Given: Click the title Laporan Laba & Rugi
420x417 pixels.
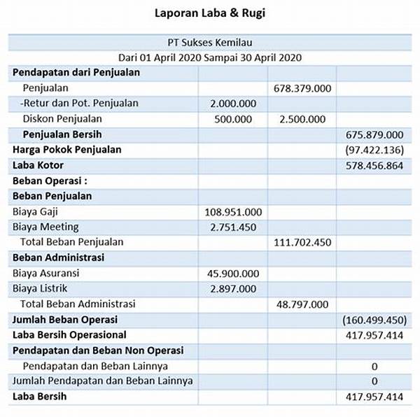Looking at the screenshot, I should point(211,13).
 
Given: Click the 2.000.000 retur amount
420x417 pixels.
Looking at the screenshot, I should point(233,104).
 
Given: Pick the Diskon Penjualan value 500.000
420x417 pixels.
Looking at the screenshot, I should point(233,119).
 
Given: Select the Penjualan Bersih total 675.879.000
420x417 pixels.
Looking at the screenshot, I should point(374,134).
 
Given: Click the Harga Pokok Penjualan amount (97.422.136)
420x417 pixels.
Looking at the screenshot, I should point(374,150).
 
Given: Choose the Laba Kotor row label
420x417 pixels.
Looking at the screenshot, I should point(38,165).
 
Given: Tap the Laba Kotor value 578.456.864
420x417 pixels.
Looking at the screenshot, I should point(374,165).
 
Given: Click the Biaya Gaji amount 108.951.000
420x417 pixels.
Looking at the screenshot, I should point(233,211).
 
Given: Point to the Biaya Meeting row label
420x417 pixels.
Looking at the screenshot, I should point(45,227).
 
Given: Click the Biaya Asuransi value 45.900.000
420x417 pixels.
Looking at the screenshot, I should point(233,273).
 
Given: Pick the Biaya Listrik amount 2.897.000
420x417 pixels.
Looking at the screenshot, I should point(233,288).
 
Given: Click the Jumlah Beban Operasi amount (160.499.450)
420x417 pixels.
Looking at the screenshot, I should point(374,320).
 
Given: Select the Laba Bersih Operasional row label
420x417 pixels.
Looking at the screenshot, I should point(69,335).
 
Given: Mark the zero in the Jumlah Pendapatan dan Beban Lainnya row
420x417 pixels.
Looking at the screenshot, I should point(374,381).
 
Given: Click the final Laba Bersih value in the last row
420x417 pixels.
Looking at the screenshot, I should point(374,397).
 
